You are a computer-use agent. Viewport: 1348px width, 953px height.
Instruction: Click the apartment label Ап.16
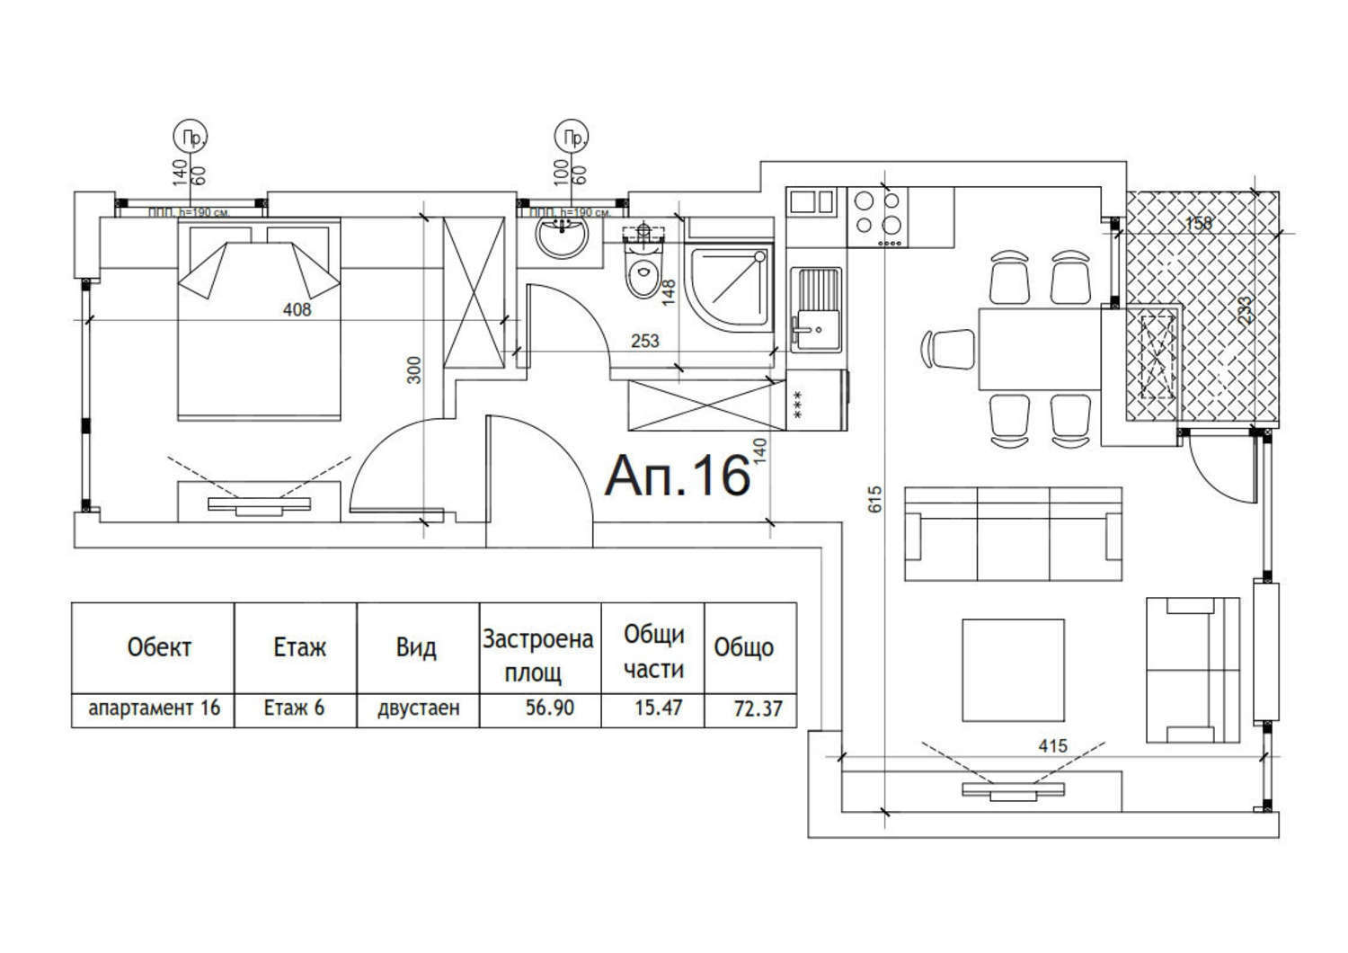[678, 476]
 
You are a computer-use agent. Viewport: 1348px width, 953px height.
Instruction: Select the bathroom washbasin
[562, 236]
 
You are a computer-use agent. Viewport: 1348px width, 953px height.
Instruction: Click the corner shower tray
[727, 288]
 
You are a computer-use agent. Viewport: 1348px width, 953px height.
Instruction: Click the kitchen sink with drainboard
[816, 308]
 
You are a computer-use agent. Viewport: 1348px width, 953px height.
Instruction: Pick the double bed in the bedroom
[260, 319]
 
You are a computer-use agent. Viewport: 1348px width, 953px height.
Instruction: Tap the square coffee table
[1013, 669]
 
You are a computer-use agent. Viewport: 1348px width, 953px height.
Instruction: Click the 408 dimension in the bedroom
[297, 310]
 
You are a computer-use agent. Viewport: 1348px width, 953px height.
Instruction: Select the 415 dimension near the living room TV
[1052, 745]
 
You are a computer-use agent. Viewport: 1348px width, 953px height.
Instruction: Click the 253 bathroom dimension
[645, 341]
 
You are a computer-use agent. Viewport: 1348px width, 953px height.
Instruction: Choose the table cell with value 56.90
[549, 708]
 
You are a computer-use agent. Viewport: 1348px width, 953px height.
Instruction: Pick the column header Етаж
[299, 647]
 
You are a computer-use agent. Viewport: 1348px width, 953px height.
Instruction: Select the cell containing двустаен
[419, 708]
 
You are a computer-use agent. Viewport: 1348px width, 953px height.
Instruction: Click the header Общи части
[653, 652]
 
